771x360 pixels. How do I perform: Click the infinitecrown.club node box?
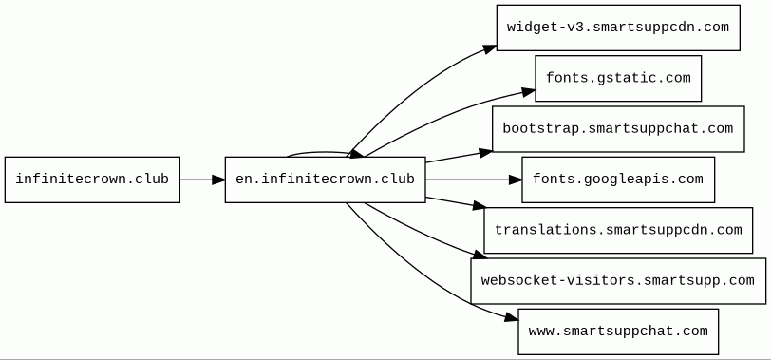92,180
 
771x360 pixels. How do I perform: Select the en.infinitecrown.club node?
325,180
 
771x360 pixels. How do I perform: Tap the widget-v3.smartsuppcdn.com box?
618,28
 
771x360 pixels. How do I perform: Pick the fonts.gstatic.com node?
618,78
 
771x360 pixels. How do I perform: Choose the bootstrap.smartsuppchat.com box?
618,129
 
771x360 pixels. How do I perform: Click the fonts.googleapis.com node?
618,180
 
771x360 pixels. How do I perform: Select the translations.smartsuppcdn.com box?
618,230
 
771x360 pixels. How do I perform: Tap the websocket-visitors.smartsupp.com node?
618,281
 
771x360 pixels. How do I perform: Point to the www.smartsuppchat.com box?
618,332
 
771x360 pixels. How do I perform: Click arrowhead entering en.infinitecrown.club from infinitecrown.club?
218,180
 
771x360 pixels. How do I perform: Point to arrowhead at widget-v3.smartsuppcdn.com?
490,48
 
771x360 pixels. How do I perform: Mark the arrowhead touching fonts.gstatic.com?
529,92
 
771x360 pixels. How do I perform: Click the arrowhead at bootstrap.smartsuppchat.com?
486,153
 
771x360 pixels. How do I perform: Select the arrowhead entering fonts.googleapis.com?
516,180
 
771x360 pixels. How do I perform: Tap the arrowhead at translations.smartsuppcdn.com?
480,206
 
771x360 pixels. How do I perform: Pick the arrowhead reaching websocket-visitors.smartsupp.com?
480,256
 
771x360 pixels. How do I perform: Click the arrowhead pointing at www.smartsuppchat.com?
512,318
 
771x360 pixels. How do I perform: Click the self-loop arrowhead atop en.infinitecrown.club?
355,154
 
